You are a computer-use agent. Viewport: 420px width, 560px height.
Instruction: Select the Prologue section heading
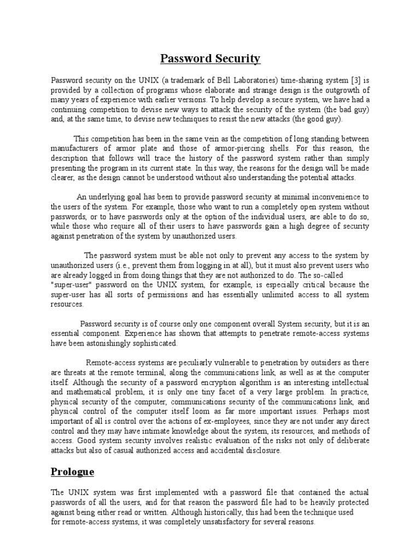tap(73, 471)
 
